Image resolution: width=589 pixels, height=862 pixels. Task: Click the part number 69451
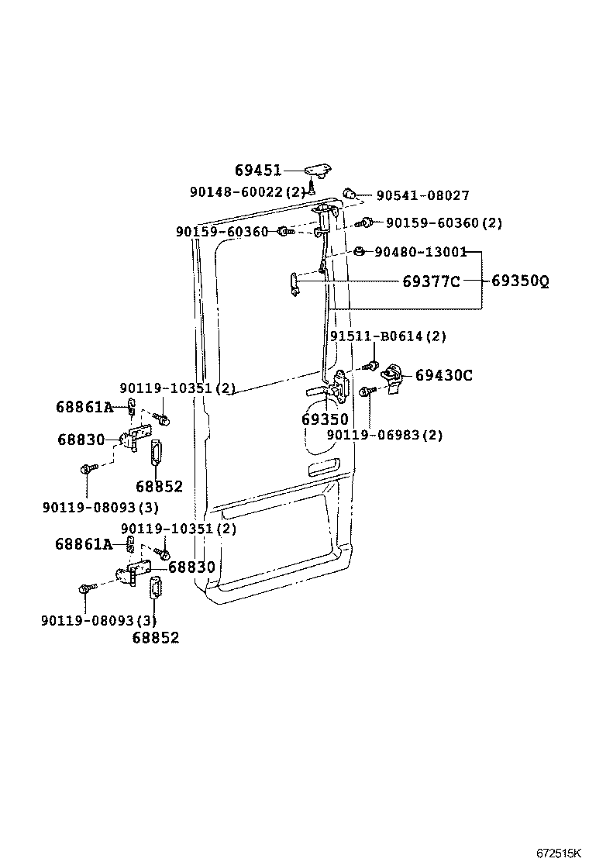pos(258,171)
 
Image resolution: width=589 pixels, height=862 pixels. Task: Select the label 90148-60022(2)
pos(247,191)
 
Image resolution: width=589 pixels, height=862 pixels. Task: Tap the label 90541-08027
pos(422,196)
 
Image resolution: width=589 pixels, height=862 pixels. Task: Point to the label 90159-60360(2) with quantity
pos(443,223)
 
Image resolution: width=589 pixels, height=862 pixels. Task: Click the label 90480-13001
pos(421,251)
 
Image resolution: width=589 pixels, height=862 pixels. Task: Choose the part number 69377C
pos(431,281)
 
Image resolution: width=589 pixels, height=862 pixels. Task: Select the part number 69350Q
pos(520,281)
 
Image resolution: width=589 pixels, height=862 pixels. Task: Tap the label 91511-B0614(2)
pos(388,336)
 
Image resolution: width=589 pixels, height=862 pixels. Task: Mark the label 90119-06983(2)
pos(384,436)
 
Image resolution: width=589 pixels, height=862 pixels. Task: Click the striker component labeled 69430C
pos(395,378)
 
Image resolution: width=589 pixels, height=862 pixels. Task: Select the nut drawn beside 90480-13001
pos(360,251)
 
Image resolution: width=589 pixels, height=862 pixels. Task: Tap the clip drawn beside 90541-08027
pos(350,193)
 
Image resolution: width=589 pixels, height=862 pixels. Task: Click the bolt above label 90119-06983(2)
pos(369,392)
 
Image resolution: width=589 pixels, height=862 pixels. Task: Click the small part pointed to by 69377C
pos(294,283)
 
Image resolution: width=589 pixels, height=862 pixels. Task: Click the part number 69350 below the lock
pos(325,419)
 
